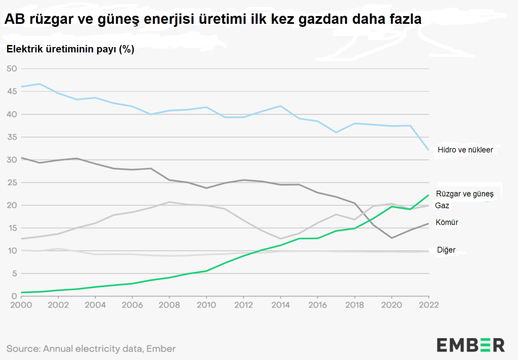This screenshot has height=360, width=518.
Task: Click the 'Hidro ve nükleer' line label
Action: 465,150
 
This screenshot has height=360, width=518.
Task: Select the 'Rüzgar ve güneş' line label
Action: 464,193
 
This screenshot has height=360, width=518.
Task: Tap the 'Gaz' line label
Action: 442,206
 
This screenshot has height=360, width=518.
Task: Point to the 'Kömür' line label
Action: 447,222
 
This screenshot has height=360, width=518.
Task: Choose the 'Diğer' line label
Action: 446,250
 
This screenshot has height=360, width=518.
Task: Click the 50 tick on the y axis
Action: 11,69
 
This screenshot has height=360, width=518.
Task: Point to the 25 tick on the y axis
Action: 11,182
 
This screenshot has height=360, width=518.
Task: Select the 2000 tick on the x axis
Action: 21,305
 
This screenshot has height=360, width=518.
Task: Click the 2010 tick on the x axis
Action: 206,305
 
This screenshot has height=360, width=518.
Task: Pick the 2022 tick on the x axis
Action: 428,305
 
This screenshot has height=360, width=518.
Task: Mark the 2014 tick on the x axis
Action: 280,305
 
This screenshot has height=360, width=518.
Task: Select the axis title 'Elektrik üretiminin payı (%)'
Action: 70,50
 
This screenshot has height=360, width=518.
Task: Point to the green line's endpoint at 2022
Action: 428,195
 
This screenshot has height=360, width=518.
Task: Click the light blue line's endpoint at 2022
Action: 428,150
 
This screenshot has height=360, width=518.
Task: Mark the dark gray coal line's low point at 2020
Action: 391,238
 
